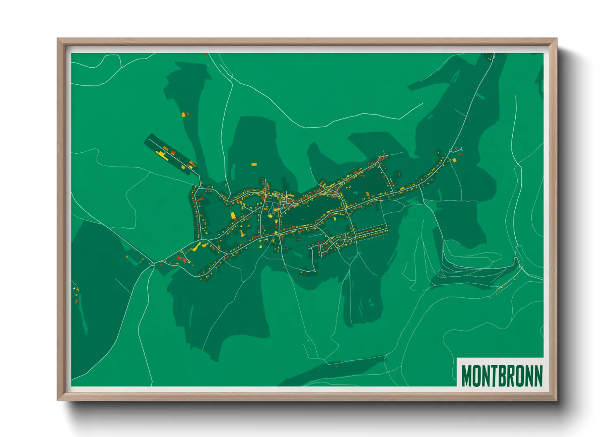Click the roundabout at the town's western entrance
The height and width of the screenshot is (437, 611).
pos(153,264)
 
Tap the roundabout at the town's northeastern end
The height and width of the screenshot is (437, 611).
pos(450,151)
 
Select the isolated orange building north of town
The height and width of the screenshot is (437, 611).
pos(254,164)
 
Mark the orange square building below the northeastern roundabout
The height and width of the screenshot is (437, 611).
pos(455,160)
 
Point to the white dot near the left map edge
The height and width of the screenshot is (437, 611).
pos(74,288)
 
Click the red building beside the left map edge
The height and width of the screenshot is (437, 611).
pos(77,302)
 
